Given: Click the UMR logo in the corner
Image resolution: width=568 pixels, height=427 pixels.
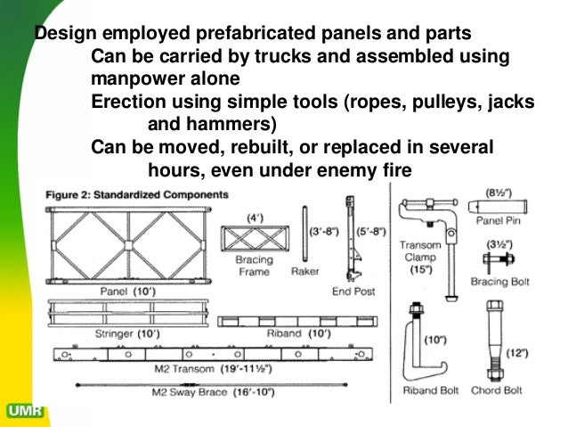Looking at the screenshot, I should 22,412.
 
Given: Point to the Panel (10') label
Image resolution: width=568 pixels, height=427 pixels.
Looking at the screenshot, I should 122,292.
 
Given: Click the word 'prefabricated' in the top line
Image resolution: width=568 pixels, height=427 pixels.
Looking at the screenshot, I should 248,35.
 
